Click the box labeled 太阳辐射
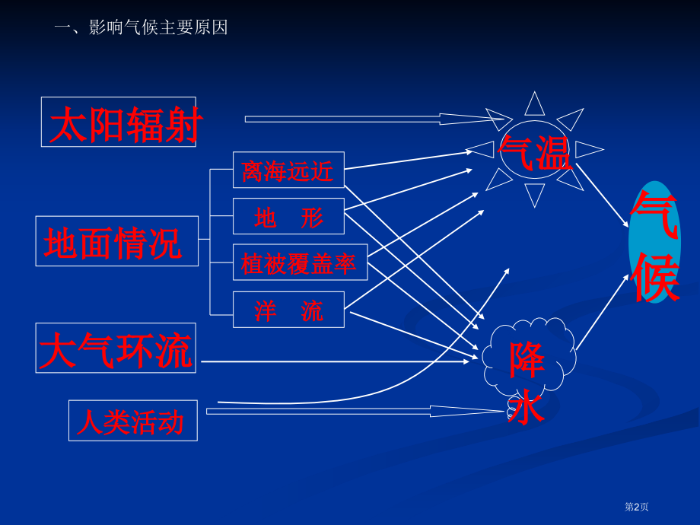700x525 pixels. pyautogui.click(x=118, y=122)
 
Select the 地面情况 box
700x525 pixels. pyautogui.click(x=117, y=241)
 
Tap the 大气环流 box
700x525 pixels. pyautogui.click(x=116, y=348)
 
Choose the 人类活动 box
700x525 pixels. pyautogui.click(x=133, y=421)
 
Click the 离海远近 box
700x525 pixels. pyautogui.click(x=288, y=170)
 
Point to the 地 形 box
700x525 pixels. pyautogui.click(x=288, y=216)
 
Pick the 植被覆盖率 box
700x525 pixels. pyautogui.click(x=300, y=262)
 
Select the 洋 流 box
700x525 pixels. pyautogui.click(x=288, y=310)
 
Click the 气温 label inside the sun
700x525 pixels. pyautogui.click(x=535, y=153)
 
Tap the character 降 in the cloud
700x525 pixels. pyautogui.click(x=527, y=360)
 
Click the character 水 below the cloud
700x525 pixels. pyautogui.click(x=526, y=406)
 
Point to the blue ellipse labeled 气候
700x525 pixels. pyautogui.click(x=654, y=242)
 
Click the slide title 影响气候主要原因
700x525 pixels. pyautogui.click(x=158, y=27)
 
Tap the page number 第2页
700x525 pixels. pyautogui.click(x=636, y=507)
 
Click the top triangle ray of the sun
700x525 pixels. pyautogui.click(x=535, y=104)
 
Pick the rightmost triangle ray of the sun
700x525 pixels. pyautogui.click(x=589, y=150)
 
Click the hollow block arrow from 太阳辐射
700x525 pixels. pyautogui.click(x=378, y=119)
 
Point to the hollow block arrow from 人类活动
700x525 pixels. pyautogui.click(x=355, y=411)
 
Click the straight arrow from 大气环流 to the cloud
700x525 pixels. pyautogui.click(x=336, y=361)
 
